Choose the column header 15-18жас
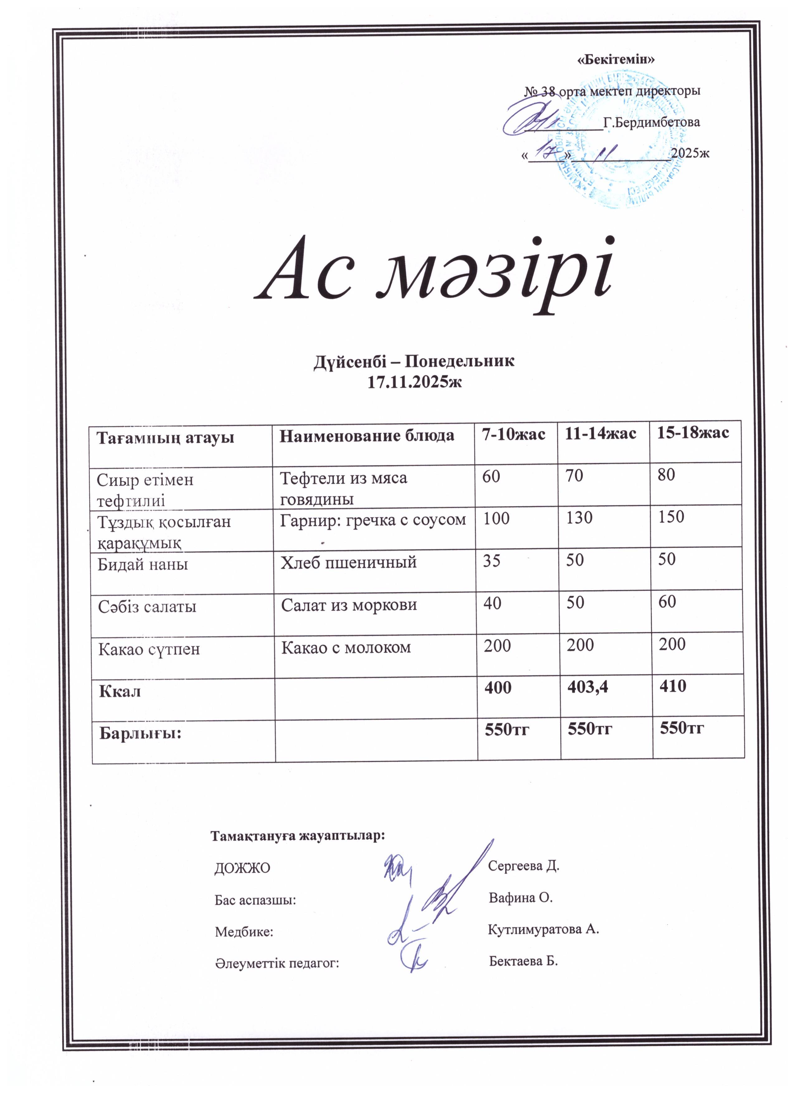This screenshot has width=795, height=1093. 693,432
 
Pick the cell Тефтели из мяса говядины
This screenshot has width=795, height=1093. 344,488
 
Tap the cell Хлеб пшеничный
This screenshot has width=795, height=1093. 349,562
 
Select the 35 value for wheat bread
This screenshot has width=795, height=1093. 492,561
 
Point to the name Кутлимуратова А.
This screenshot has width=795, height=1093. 543,929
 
